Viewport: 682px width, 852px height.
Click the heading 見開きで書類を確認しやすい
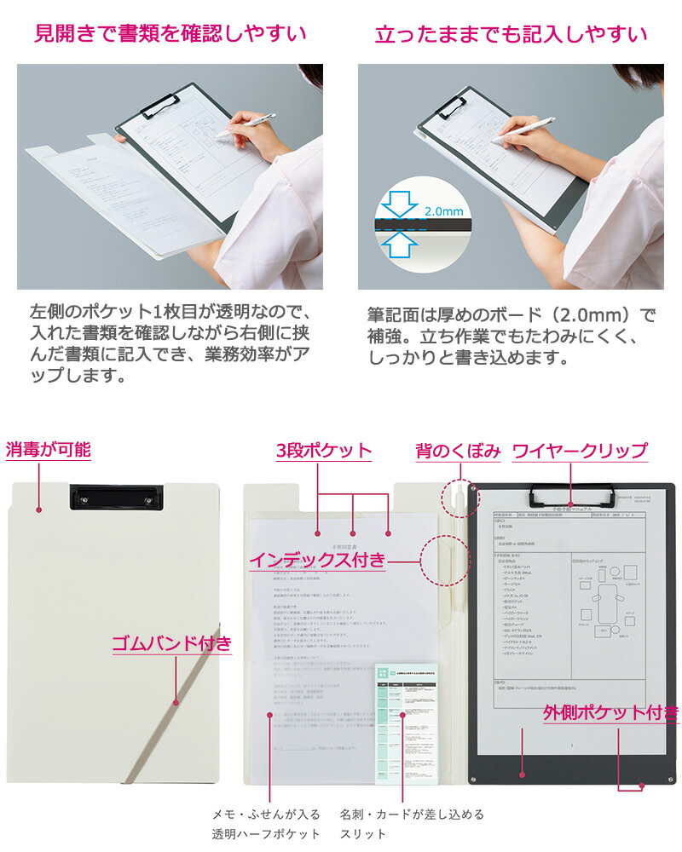pyautogui.click(x=170, y=34)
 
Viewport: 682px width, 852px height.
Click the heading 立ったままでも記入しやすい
pyautogui.click(x=511, y=34)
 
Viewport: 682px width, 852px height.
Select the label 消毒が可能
pyautogui.click(x=49, y=450)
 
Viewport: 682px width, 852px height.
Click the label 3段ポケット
pyautogui.click(x=323, y=451)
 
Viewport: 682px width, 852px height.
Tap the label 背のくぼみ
pyautogui.click(x=458, y=451)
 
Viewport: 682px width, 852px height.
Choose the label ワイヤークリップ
pyautogui.click(x=580, y=451)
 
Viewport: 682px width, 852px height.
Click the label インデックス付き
pyautogui.click(x=317, y=560)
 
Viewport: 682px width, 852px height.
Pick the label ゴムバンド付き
pyautogui.click(x=171, y=643)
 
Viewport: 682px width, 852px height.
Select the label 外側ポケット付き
pyautogui.click(x=610, y=713)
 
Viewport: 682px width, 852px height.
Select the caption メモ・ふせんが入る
pyautogui.click(x=266, y=814)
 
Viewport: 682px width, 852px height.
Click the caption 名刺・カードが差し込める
pyautogui.click(x=411, y=814)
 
